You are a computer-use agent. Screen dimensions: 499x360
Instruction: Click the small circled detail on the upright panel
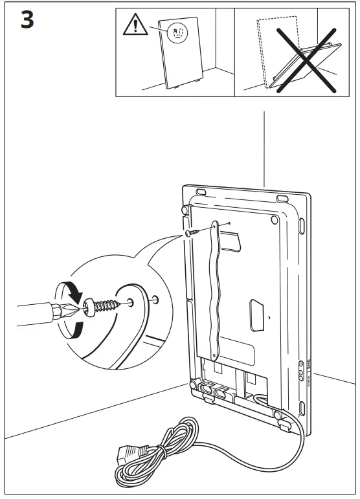click(x=177, y=33)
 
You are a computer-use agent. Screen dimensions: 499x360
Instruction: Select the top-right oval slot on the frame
click(x=283, y=198)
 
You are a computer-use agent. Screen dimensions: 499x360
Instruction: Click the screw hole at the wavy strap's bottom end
click(x=214, y=354)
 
